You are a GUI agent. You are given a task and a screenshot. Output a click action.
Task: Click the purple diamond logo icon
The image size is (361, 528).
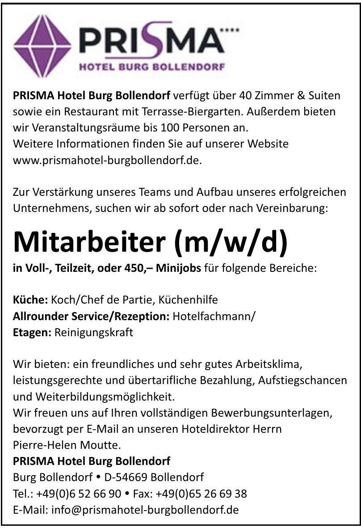[x=42, y=44]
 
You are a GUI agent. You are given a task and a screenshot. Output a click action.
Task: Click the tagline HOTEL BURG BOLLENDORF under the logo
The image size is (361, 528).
[x=152, y=68]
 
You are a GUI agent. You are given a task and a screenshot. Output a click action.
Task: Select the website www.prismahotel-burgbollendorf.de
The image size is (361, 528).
[x=108, y=160]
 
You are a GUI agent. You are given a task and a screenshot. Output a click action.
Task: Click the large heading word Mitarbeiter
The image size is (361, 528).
[x=89, y=241]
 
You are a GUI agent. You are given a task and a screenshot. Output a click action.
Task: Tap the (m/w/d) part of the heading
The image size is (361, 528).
[x=231, y=241]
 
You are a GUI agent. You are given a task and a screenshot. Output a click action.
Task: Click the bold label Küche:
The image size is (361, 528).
[x=30, y=300]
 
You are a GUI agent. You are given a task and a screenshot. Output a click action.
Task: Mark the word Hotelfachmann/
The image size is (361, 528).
[x=214, y=316]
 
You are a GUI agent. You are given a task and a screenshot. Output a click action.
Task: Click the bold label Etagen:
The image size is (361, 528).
[x=33, y=333]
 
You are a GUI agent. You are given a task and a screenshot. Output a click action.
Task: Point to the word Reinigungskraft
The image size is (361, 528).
[x=94, y=333]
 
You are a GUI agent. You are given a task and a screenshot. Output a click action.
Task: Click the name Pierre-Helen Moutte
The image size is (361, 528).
[x=67, y=445]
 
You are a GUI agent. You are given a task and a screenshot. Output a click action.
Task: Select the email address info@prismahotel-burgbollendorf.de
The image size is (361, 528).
[x=145, y=509]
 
